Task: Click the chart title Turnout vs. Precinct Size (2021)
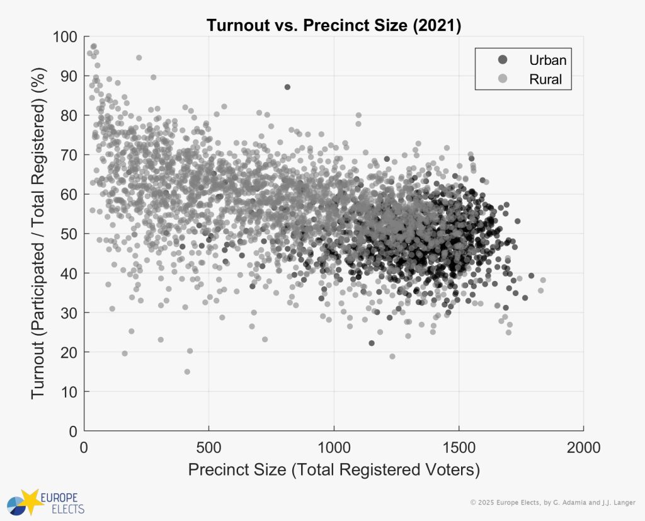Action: (334, 26)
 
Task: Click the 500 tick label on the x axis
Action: (208, 448)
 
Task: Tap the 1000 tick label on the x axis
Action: (333, 448)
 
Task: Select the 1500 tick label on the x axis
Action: (458, 448)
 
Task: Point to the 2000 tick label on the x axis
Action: (583, 448)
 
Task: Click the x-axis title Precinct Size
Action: (334, 470)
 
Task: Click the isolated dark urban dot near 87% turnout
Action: (287, 87)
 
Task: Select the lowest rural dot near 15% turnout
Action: (187, 372)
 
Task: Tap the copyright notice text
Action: (554, 502)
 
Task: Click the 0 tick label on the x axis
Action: (84, 448)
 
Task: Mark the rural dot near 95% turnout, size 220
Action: (139, 57)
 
